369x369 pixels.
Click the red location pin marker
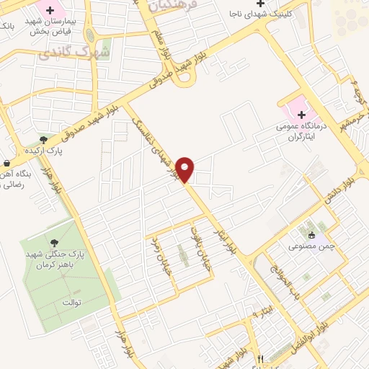pyautogui.click(x=185, y=169)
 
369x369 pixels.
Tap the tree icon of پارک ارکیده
pyautogui.click(x=44, y=139)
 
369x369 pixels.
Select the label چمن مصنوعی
pyautogui.click(x=311, y=247)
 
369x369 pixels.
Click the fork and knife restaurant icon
pyautogui.click(x=261, y=358)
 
